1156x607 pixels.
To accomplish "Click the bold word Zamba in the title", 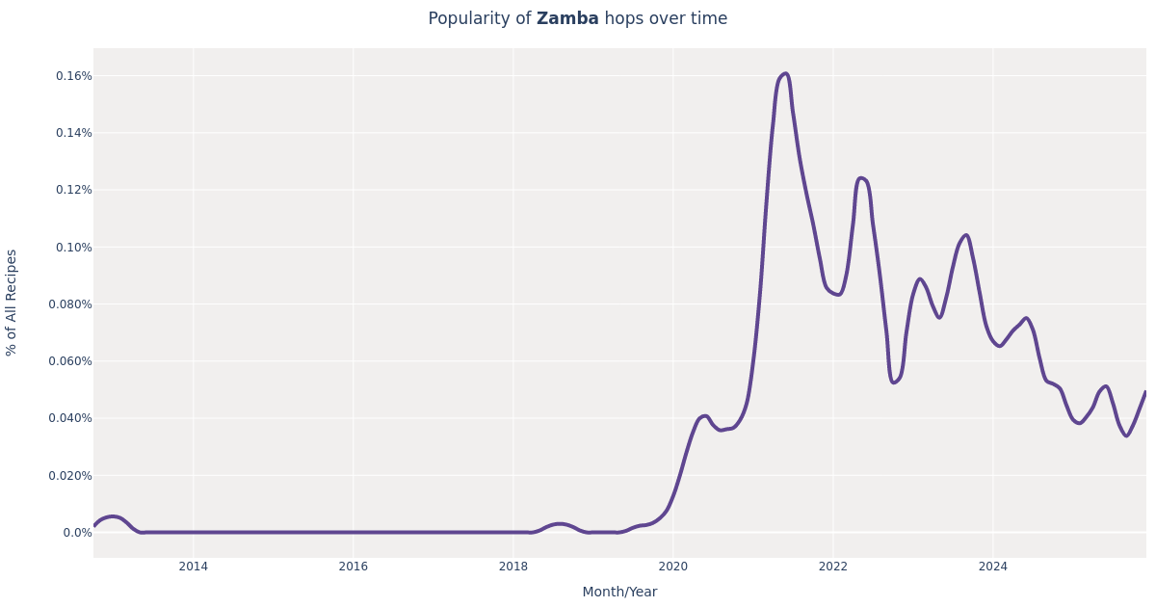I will (567, 19).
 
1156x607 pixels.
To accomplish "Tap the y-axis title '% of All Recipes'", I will (12, 303).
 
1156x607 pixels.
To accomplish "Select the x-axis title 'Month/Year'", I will (619, 592).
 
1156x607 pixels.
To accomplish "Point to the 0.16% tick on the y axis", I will (73, 76).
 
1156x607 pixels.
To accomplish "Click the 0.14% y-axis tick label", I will (73, 133).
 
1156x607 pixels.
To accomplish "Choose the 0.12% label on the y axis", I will (73, 190).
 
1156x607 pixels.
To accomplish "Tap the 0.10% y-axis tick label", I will (73, 247).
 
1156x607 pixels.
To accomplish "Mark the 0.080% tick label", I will (70, 304).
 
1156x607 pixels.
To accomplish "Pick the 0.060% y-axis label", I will (70, 361).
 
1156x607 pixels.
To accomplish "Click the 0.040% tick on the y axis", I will (70, 418).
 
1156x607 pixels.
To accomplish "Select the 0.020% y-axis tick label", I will (70, 475).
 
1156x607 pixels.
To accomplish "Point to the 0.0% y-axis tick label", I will (77, 532).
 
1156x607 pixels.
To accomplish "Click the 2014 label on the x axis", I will (193, 567).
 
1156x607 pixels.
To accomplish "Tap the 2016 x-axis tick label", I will (353, 567).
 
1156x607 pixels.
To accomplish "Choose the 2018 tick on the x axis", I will (513, 567).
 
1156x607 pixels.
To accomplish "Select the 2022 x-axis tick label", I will (833, 567).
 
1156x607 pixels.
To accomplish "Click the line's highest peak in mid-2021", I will (785, 73).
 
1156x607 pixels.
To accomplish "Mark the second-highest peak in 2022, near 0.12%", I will (861, 178).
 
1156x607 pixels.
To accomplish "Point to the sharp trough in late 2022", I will (894, 383).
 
